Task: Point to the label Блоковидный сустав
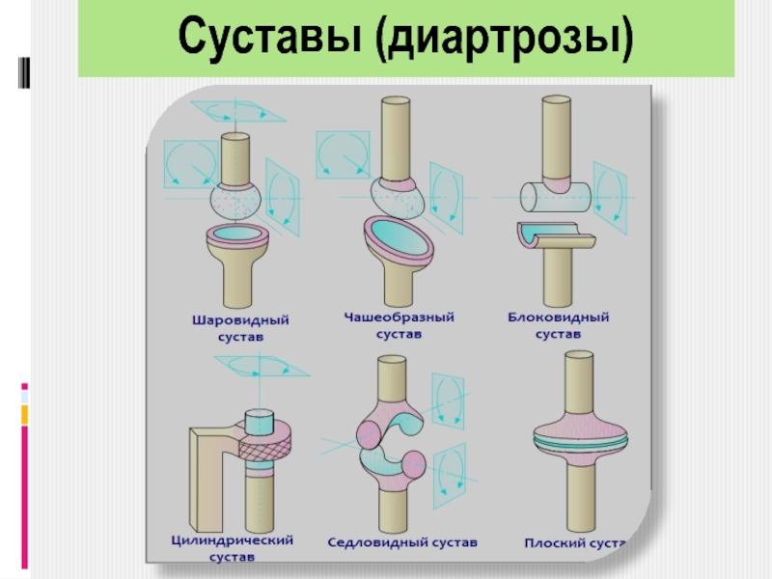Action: (558, 324)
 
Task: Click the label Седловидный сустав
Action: (401, 542)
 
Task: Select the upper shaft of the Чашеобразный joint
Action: (396, 135)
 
